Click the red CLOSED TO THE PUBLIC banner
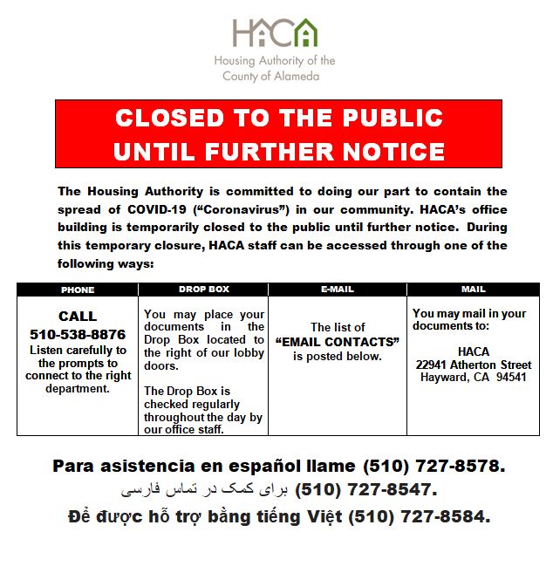278,134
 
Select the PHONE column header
78,290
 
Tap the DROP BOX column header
203,289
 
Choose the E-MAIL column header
337,289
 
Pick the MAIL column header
473,289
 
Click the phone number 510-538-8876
78,334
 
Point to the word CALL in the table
78,317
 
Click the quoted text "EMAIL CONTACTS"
337,342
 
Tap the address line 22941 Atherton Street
473,365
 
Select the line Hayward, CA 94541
473,377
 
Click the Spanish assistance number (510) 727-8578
434,466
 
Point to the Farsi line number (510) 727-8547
365,490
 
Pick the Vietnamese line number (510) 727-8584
419,516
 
